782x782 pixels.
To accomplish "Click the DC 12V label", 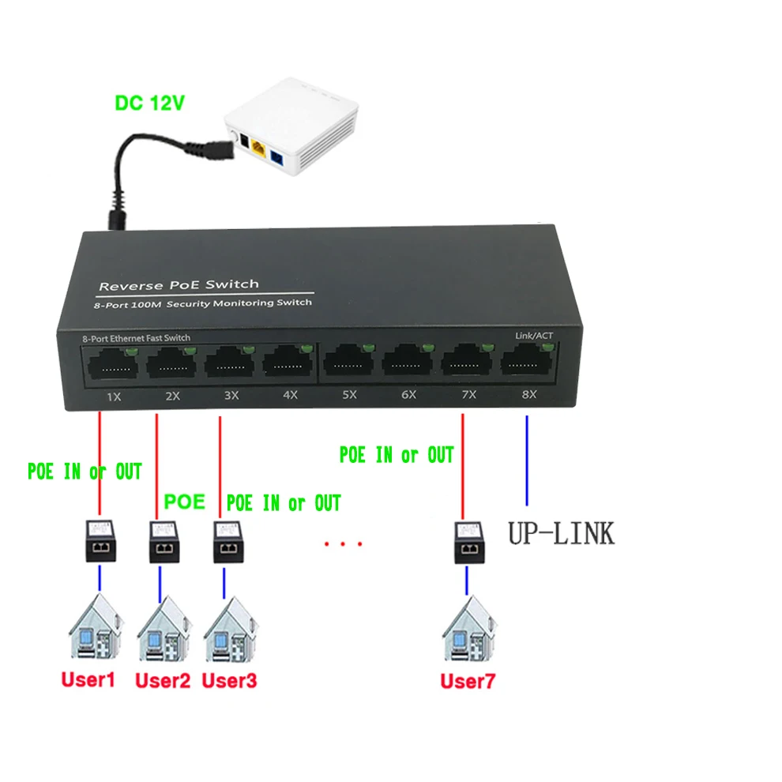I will pyautogui.click(x=150, y=103).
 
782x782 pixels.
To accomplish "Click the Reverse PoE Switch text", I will pyautogui.click(x=179, y=284).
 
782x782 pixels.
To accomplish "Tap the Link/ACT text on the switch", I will pyautogui.click(x=534, y=336).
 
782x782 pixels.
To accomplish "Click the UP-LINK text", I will pyautogui.click(x=560, y=533).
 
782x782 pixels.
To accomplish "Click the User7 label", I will pyautogui.click(x=468, y=680).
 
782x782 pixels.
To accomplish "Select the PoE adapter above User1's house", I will pyautogui.click(x=100, y=541).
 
